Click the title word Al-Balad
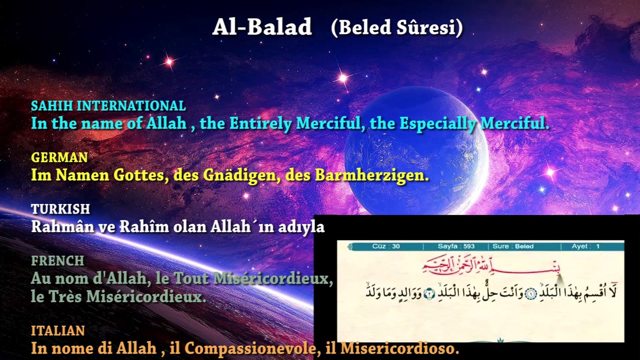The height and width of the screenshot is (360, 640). [262, 27]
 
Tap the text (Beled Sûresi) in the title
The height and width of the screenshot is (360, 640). [396, 27]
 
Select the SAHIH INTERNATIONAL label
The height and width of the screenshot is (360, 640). [108, 106]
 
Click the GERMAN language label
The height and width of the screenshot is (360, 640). [59, 157]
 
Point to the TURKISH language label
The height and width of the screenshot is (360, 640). [60, 209]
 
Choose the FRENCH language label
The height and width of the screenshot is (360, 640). [57, 261]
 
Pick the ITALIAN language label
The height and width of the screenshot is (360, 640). [58, 331]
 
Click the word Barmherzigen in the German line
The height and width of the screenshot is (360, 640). [371, 175]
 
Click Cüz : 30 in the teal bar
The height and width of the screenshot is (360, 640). [386, 246]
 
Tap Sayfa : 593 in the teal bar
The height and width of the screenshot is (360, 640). [456, 246]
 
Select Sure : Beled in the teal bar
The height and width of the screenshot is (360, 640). [513, 246]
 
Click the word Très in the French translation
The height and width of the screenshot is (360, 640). [66, 296]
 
